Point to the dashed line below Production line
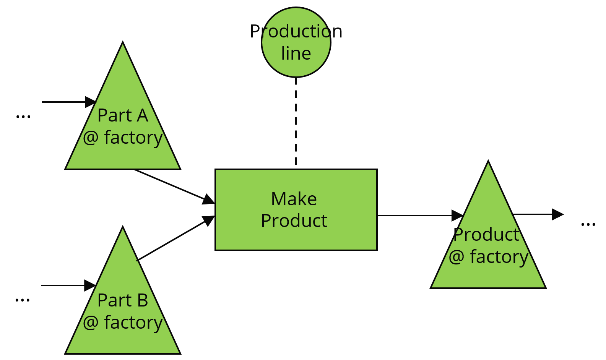[x=296, y=122]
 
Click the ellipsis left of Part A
[x=23, y=117]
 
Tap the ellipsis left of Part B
[x=23, y=300]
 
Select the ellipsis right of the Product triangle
[x=588, y=225]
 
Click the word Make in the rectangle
[x=294, y=199]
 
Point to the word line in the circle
[x=296, y=54]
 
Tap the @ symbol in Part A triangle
[x=91, y=138]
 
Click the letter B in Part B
[x=142, y=300]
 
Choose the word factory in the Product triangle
[x=499, y=257]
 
